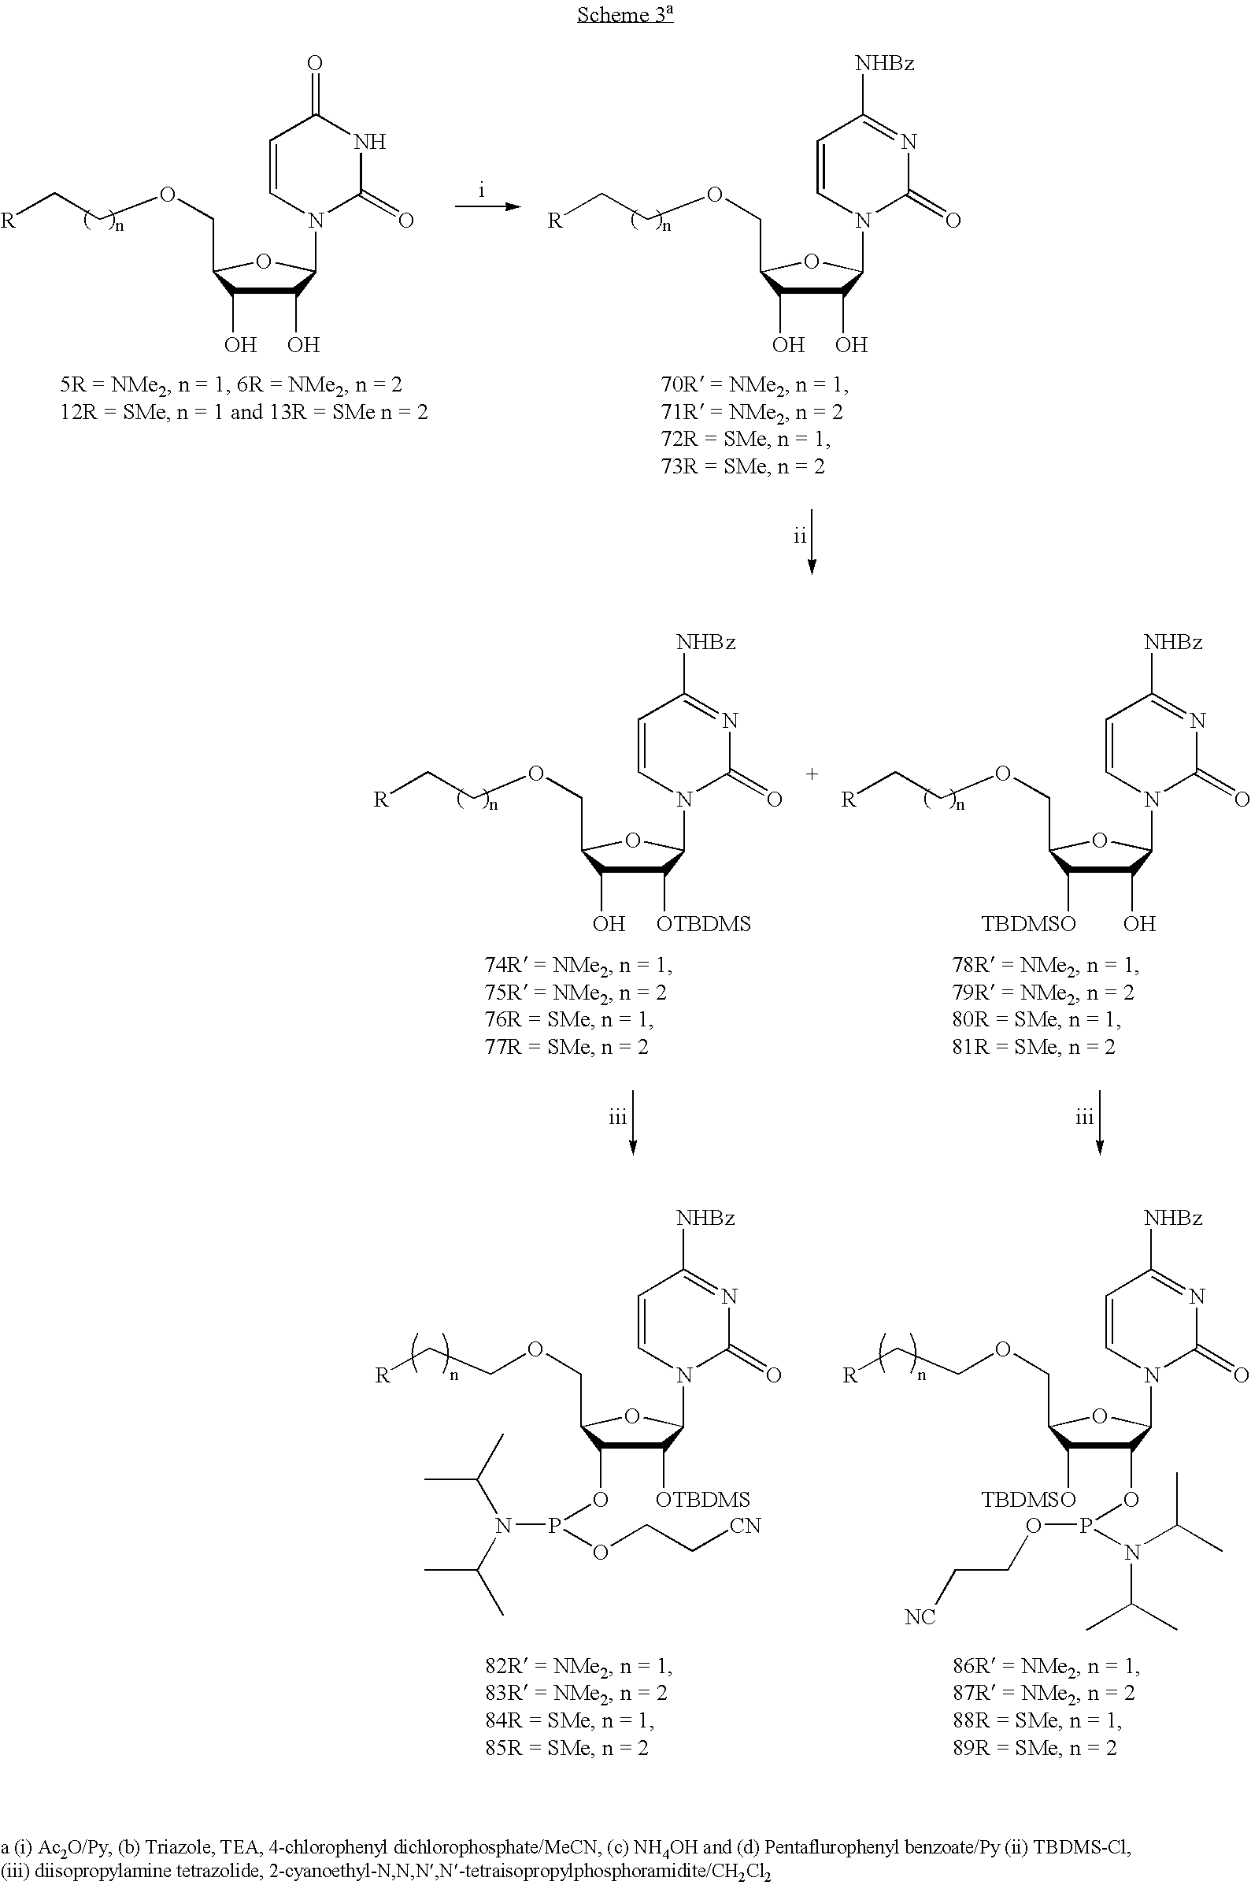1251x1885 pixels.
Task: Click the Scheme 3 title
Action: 624,14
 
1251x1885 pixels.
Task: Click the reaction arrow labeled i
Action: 487,206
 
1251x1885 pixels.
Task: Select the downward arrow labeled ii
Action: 812,542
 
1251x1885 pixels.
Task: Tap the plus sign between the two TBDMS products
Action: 812,774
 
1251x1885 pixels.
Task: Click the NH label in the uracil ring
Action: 369,141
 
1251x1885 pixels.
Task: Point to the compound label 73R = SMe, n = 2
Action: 742,466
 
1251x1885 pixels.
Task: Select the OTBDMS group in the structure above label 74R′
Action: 704,924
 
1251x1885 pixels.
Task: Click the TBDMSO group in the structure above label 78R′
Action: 1028,924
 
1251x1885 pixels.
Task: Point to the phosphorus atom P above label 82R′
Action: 554,1526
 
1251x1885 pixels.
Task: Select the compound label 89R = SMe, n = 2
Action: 1034,1748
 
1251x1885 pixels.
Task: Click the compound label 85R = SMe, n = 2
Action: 568,1748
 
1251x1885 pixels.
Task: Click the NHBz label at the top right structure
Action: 885,63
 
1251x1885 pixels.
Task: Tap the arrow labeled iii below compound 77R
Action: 633,1122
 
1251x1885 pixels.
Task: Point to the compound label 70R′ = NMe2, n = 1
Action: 755,385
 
